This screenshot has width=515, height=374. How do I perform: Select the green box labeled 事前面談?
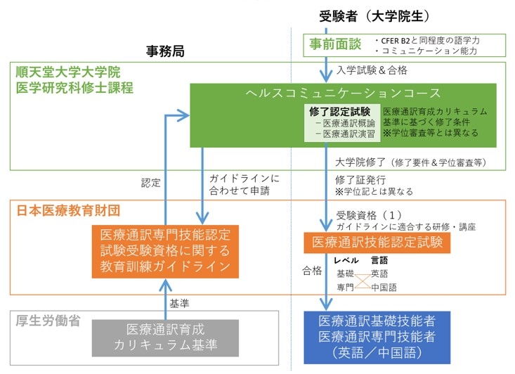[x=335, y=44]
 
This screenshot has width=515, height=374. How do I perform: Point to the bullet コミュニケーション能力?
[x=429, y=51]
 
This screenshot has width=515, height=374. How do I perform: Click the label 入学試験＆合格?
[x=372, y=70]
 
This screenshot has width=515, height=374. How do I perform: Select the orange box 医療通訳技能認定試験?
[x=377, y=243]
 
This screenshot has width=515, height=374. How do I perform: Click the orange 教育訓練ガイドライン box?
[x=165, y=251]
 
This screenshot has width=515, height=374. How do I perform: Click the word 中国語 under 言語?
[x=384, y=288]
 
